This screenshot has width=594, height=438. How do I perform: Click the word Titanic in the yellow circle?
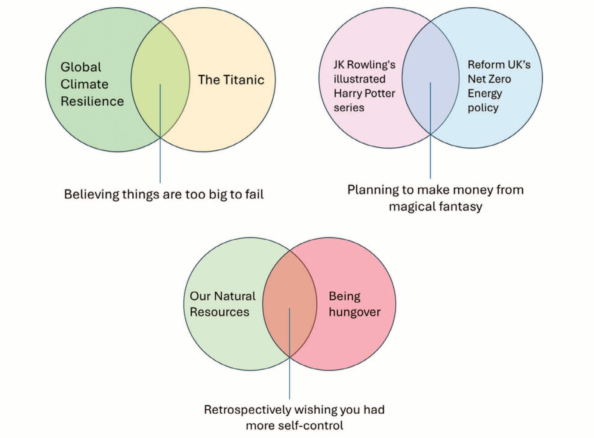coord(244,80)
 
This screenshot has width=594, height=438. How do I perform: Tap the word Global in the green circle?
coord(81,67)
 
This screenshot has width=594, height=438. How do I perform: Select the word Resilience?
coord(92,101)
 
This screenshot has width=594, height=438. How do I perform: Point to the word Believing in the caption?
coord(91,194)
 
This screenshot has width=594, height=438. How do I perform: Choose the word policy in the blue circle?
coord(483,108)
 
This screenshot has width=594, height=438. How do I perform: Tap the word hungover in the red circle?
coord(354,312)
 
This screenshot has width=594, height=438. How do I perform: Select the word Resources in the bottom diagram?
coord(220,312)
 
